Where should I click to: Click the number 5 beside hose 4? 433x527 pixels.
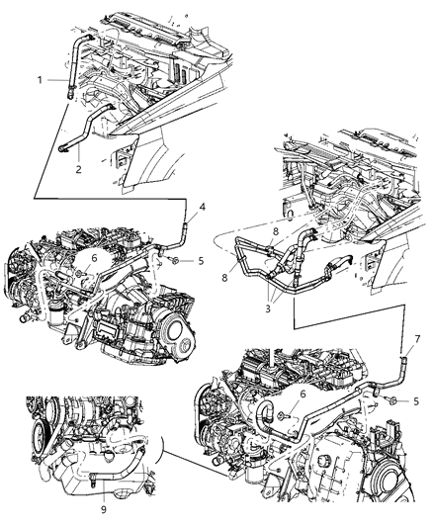[201, 263]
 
